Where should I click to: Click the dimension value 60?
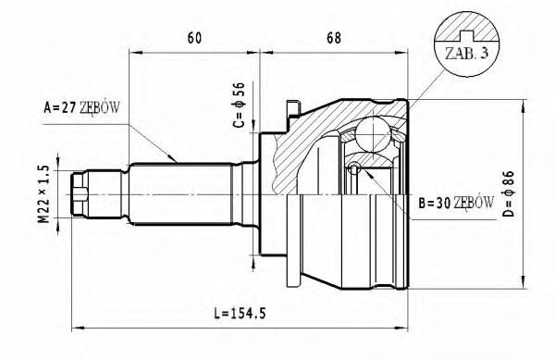click(194, 38)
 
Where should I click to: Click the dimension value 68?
click(334, 38)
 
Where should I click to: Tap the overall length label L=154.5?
click(240, 314)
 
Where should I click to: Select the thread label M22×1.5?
click(43, 194)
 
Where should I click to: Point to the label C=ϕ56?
click(239, 105)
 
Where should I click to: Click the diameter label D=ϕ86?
click(508, 193)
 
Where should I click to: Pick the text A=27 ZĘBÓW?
click(81, 107)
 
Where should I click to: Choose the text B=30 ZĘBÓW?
click(456, 203)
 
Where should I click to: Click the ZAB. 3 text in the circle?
click(466, 54)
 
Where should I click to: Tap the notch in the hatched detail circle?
click(466, 34)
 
